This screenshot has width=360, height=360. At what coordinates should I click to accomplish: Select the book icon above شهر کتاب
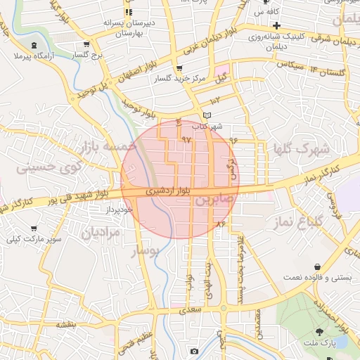206,115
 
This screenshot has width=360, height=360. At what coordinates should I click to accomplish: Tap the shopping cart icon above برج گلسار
86,44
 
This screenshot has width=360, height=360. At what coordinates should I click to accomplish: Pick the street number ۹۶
233,140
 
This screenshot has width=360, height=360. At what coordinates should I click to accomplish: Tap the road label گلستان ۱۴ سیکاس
314,70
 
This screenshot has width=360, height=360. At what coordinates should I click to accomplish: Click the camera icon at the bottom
194,350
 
